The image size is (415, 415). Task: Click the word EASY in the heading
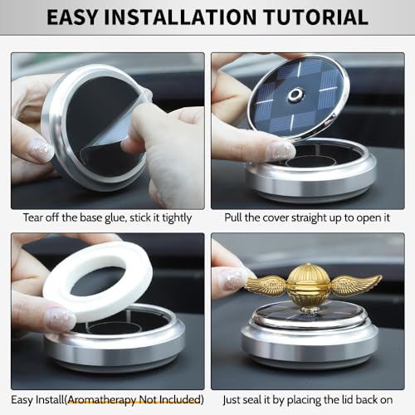(80, 16)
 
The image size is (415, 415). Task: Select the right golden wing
(355, 285)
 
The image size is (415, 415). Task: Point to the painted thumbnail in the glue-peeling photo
(38, 150)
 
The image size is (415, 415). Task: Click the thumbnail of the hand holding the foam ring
(59, 320)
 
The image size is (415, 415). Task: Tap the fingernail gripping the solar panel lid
(280, 150)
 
